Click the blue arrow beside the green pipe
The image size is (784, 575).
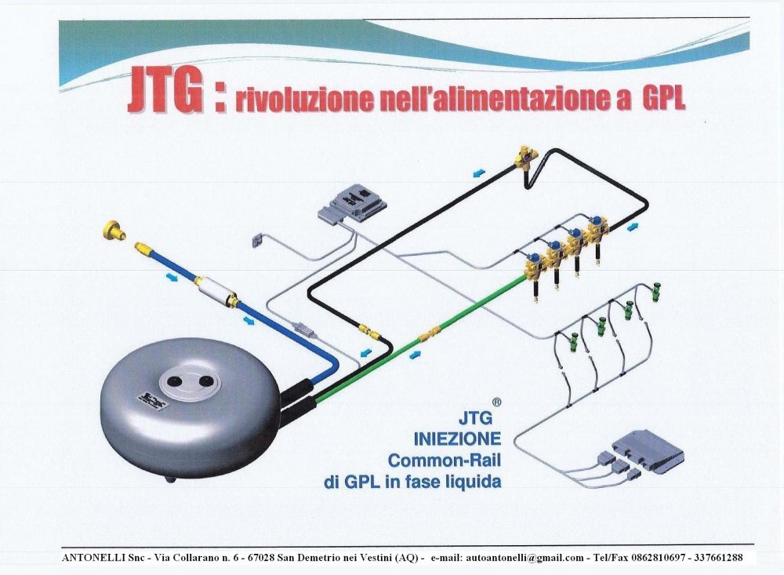(x=415, y=355)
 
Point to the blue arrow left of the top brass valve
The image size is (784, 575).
(x=478, y=173)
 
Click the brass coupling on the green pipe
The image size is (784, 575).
(x=430, y=333)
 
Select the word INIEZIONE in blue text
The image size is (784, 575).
(x=457, y=439)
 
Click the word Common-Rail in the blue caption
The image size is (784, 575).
(x=445, y=460)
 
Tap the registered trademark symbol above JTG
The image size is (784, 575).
(x=496, y=402)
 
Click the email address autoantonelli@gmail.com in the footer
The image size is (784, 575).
(x=524, y=558)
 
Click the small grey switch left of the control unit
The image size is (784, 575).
(x=258, y=240)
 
